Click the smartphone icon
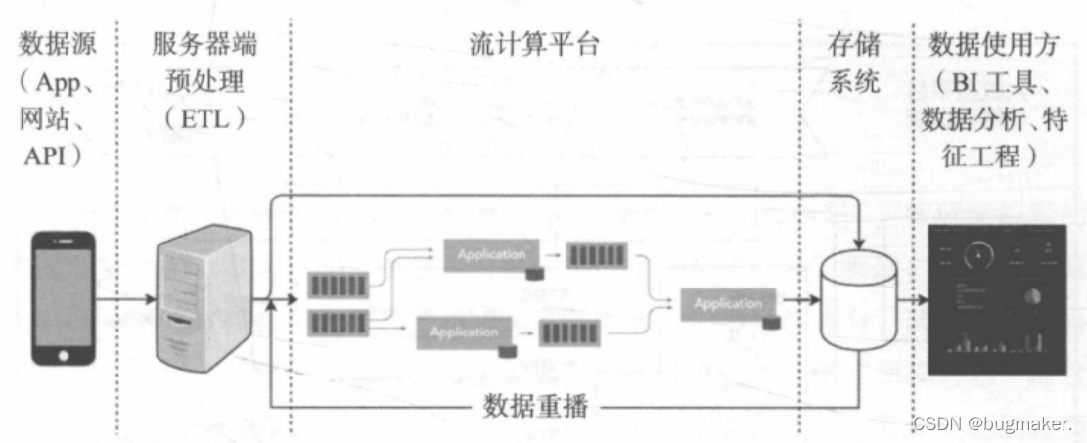64,297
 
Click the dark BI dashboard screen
997,298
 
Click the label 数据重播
536,406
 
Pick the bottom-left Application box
465,332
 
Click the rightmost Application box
728,303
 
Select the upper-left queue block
340,285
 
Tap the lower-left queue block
340,322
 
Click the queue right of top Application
598,256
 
